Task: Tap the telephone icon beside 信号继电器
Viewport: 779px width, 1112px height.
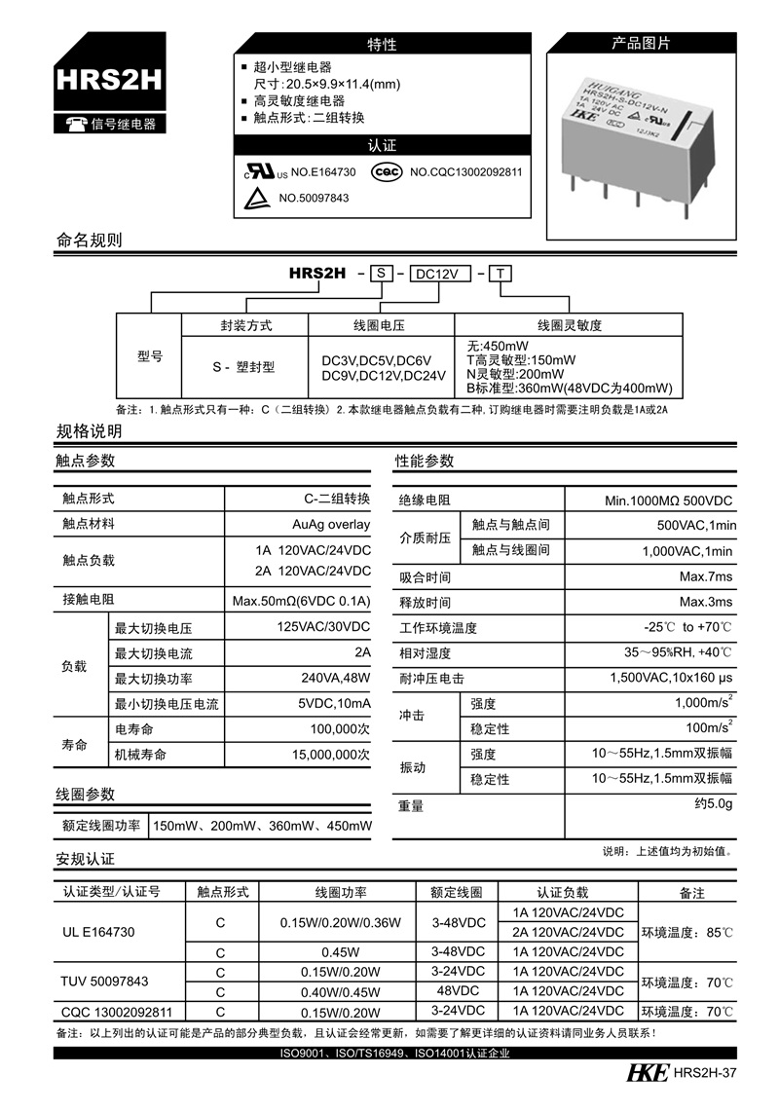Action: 75,124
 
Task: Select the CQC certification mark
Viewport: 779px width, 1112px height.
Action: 389,172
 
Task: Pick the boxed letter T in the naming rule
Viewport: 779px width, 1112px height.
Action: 499,275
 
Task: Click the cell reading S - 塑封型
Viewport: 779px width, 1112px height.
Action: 243,367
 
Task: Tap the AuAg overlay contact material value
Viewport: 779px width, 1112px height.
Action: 331,524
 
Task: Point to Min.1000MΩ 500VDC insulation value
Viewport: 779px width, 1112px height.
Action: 668,500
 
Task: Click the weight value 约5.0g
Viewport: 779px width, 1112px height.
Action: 713,805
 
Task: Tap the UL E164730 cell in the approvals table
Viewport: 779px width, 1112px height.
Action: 98,932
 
